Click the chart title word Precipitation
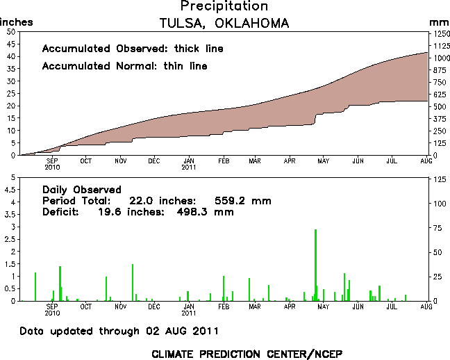pos(224,7)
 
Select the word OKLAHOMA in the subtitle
pos(252,23)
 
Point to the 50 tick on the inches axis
pos(10,32)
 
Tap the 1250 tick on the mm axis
pos(440,32)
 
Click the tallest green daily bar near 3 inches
pos(316,264)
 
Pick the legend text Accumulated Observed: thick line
pos(133,49)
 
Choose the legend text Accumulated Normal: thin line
pos(124,66)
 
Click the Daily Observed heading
pos(82,190)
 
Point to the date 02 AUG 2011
pos(182,330)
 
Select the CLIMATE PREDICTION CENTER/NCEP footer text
pos(247,354)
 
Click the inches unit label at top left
pos(16,22)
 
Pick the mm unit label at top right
pos(437,22)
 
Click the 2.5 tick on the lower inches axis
pos(10,239)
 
